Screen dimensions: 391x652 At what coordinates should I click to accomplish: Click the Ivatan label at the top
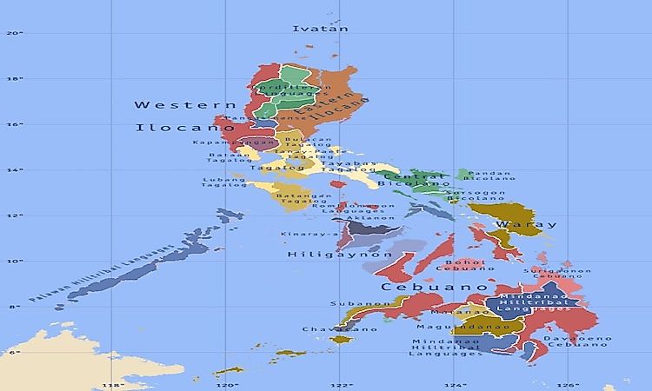click(x=321, y=29)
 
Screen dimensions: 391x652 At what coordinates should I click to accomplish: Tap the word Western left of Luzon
click(x=173, y=104)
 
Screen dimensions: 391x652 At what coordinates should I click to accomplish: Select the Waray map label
click(x=526, y=224)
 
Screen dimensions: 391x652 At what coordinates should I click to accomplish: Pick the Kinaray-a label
click(x=309, y=234)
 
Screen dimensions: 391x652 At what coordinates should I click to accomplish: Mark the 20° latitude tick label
click(x=14, y=34)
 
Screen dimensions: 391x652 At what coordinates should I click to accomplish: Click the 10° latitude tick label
click(x=14, y=261)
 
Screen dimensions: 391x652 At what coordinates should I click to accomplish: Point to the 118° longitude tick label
click(x=112, y=385)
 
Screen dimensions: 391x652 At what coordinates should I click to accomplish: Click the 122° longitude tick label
click(x=342, y=385)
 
